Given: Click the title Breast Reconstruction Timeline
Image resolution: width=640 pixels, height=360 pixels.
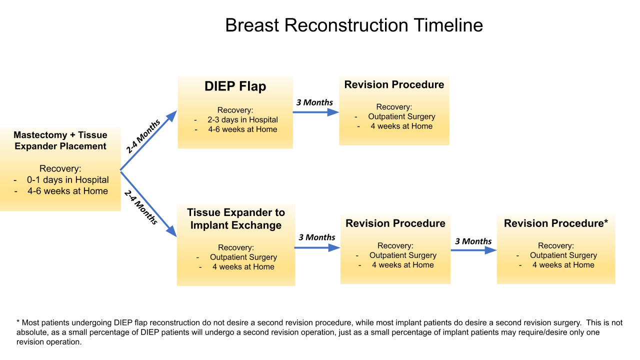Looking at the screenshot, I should [354, 25].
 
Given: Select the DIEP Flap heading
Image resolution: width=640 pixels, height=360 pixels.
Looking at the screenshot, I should [235, 86].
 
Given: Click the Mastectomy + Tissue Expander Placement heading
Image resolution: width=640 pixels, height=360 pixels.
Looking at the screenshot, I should [60, 140].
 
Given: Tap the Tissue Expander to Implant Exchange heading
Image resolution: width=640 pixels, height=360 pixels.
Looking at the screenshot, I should [236, 219].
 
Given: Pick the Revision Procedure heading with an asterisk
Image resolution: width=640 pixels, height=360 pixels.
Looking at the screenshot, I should [555, 223].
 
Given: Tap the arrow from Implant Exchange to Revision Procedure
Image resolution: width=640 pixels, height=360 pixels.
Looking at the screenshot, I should [317, 247].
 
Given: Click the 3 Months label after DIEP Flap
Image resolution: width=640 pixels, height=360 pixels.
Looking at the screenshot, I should [314, 102].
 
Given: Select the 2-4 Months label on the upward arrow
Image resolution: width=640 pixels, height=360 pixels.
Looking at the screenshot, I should [143, 136].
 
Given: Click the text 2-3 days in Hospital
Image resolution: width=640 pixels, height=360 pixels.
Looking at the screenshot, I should [243, 119].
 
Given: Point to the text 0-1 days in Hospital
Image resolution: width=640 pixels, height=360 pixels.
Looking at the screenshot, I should [68, 180].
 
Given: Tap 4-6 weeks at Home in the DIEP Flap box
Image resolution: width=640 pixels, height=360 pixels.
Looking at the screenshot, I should [243, 129].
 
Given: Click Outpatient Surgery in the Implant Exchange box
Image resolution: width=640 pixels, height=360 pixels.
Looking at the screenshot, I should [243, 257].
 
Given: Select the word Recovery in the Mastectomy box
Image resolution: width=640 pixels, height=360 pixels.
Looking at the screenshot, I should [60, 168].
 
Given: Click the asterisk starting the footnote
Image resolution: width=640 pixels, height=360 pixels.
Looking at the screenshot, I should [18, 323].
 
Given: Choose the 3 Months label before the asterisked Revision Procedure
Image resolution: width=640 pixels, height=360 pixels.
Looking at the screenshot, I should [473, 241].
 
